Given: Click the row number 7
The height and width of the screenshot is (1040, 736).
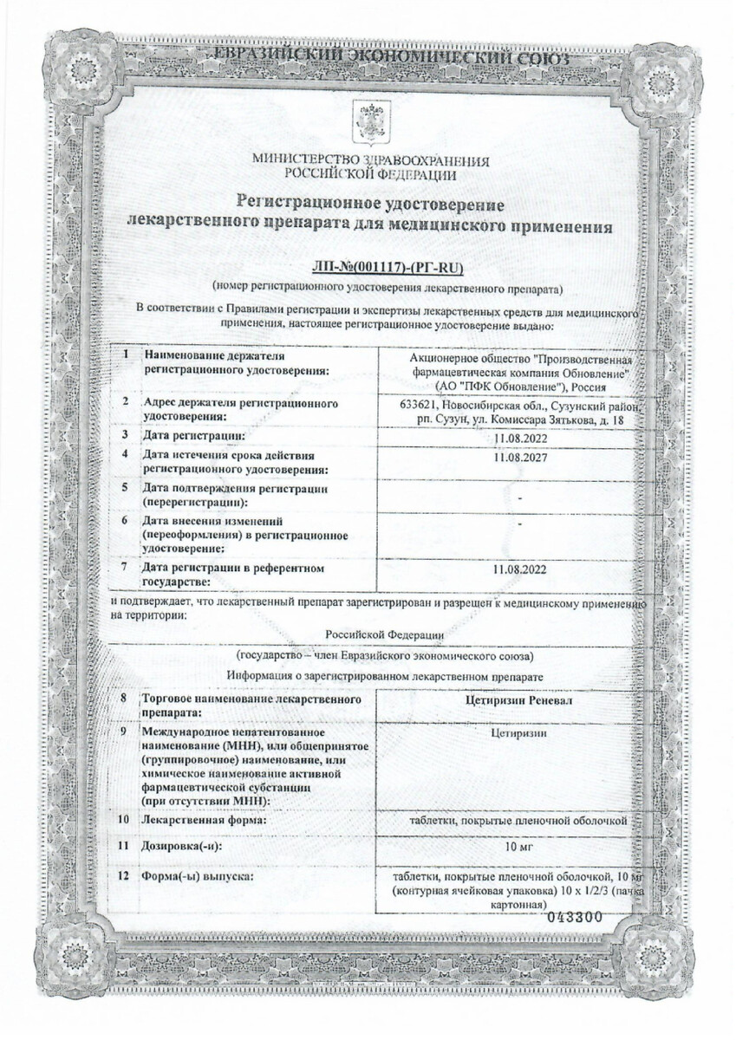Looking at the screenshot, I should click(127, 568).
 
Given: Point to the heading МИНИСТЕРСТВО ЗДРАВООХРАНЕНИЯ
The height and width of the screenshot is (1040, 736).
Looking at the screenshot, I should click(371, 160).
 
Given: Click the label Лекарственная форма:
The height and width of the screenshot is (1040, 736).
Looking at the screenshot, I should click(204, 819).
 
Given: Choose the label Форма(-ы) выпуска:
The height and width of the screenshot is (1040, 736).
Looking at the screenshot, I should click(198, 878).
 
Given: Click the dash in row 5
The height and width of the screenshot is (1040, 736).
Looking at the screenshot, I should click(519, 498).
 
